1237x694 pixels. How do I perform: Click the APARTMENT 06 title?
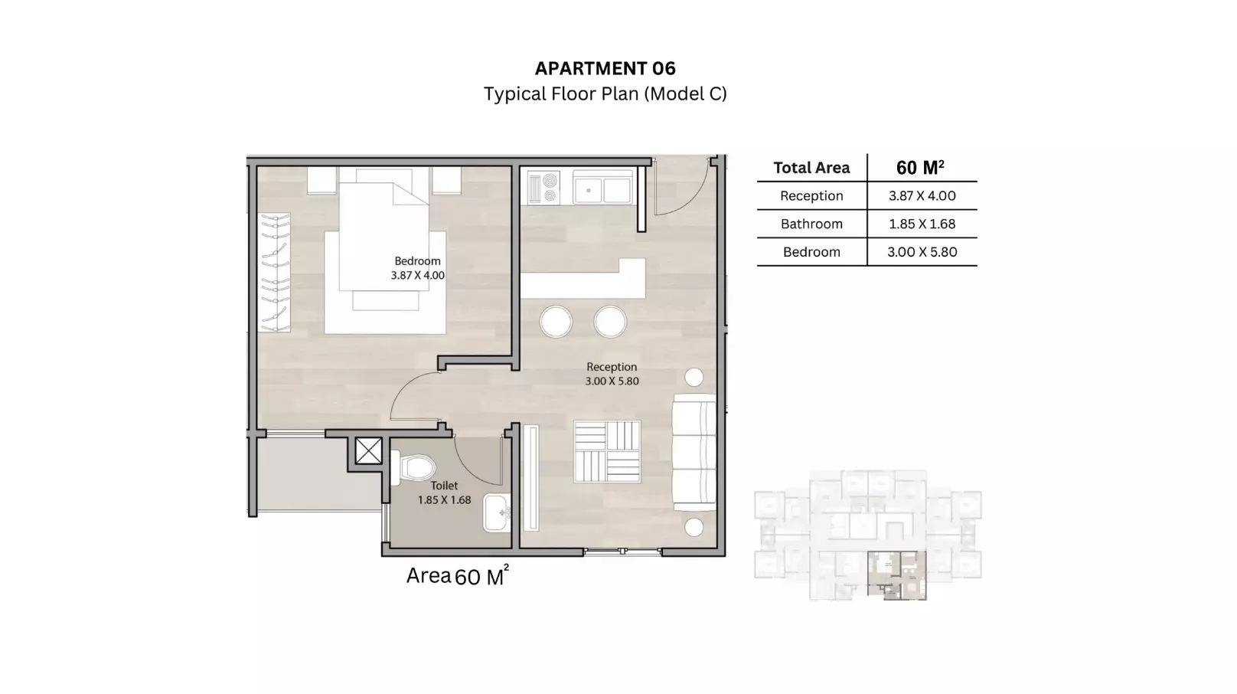point(605,68)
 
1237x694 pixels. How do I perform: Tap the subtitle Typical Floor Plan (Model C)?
point(605,93)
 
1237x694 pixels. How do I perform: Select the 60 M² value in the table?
point(920,167)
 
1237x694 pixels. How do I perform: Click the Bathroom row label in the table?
point(811,224)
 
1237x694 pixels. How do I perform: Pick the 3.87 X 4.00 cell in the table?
point(922,195)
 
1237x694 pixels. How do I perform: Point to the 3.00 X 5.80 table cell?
point(922,252)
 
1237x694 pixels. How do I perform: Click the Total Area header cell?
point(811,168)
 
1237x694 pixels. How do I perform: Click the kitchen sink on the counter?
point(603,188)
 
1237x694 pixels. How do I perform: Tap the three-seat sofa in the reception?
point(694,452)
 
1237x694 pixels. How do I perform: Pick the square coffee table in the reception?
point(607,451)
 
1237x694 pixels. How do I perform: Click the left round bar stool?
point(556,322)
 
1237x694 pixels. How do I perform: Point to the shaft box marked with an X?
point(368,451)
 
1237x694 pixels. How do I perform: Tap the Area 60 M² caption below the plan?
point(457,576)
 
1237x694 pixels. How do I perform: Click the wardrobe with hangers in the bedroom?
point(274,272)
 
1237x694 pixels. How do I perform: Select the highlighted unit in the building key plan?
point(896,575)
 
